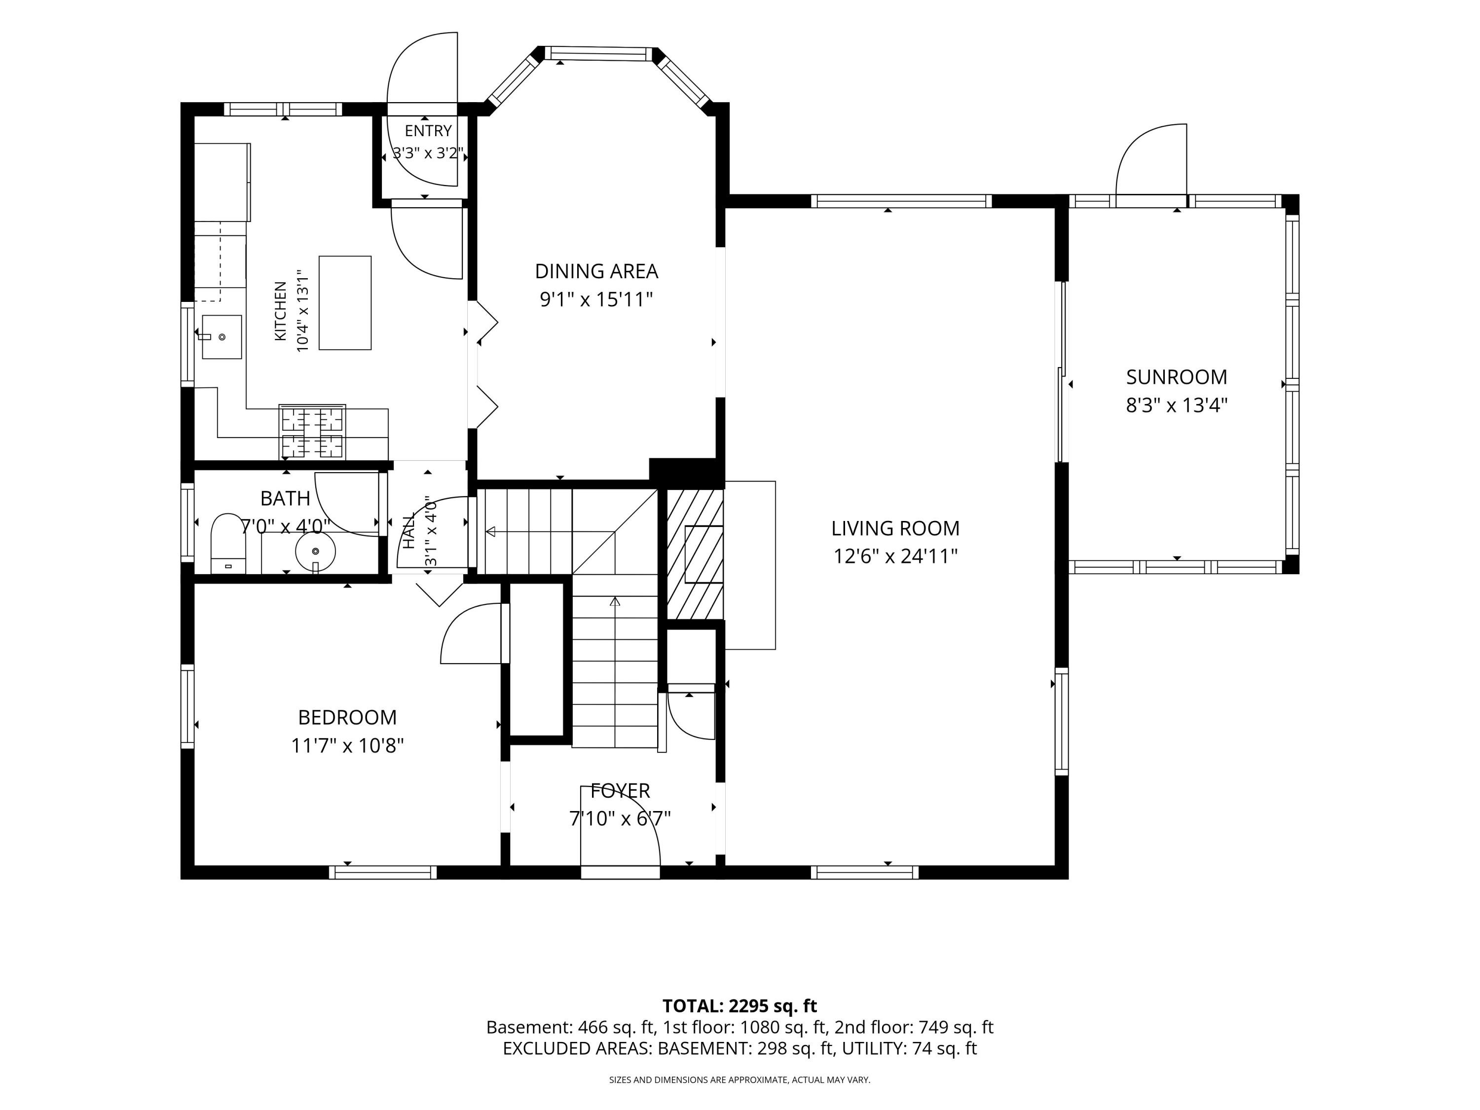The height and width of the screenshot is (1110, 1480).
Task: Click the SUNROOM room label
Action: pyautogui.click(x=1176, y=377)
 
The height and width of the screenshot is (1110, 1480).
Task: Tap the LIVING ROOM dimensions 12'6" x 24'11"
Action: pyautogui.click(x=895, y=556)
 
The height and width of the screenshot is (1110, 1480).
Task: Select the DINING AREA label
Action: pyautogui.click(x=596, y=272)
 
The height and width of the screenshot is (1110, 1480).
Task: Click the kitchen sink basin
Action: pyautogui.click(x=222, y=336)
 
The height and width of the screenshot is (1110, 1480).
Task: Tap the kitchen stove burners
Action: pyautogui.click(x=312, y=432)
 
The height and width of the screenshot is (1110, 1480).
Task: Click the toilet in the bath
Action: pyautogui.click(x=228, y=543)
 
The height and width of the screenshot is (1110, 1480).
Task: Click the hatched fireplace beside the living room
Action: pyautogui.click(x=695, y=554)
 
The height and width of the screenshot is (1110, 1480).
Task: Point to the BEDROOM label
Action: pyautogui.click(x=347, y=717)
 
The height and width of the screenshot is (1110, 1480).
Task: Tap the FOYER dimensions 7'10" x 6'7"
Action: pyautogui.click(x=620, y=818)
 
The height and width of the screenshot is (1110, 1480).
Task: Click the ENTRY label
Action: pyautogui.click(x=428, y=131)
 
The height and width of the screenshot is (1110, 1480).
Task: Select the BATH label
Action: pyautogui.click(x=285, y=498)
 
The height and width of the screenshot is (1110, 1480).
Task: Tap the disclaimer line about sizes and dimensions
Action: pyautogui.click(x=740, y=1080)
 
